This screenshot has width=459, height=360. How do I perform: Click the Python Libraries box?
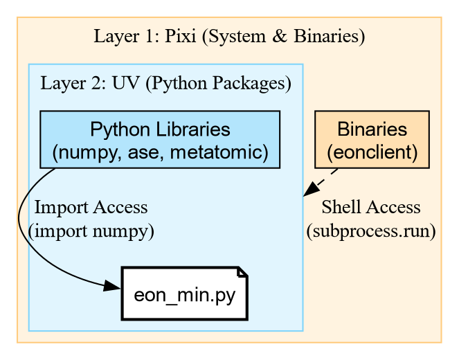coord(160,140)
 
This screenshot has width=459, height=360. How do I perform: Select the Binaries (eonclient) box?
coord(372,140)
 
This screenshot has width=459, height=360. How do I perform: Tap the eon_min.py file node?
coord(184,294)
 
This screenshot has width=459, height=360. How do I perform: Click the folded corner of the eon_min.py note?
coord(242,271)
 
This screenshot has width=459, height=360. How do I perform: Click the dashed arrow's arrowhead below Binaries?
coord(311,190)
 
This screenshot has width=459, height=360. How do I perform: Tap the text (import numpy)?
coord(91,231)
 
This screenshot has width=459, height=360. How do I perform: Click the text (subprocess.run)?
coord(370,231)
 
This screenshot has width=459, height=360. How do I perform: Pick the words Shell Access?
coord(370,208)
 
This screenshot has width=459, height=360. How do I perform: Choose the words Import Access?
coord(91,208)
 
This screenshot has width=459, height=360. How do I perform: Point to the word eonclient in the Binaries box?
coord(372,151)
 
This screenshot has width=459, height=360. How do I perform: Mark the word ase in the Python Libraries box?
coord(129,151)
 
